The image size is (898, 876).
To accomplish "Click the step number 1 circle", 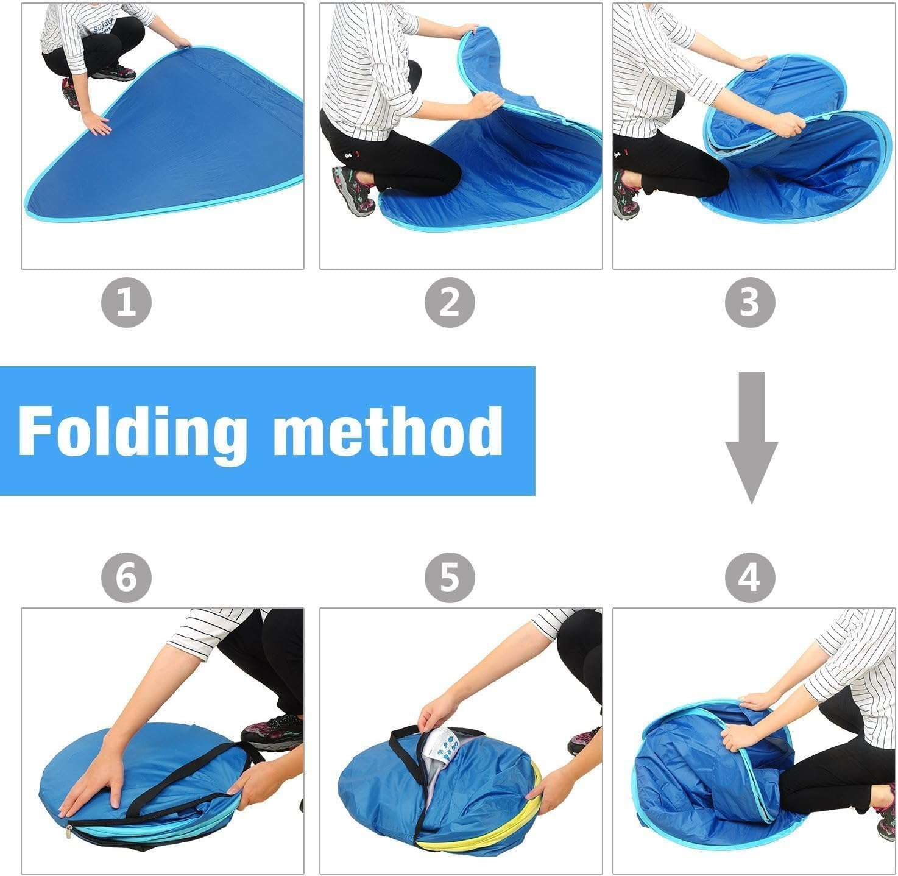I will [x=126, y=303].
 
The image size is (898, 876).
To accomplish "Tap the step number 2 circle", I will [x=450, y=303].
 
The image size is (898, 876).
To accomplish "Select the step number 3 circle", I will [x=750, y=303].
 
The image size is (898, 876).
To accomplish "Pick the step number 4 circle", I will [x=750, y=576].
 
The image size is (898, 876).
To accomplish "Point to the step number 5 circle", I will [x=450, y=576].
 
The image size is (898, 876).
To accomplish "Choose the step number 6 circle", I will [x=126, y=576].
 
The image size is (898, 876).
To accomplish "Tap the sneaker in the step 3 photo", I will [x=626, y=195].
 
